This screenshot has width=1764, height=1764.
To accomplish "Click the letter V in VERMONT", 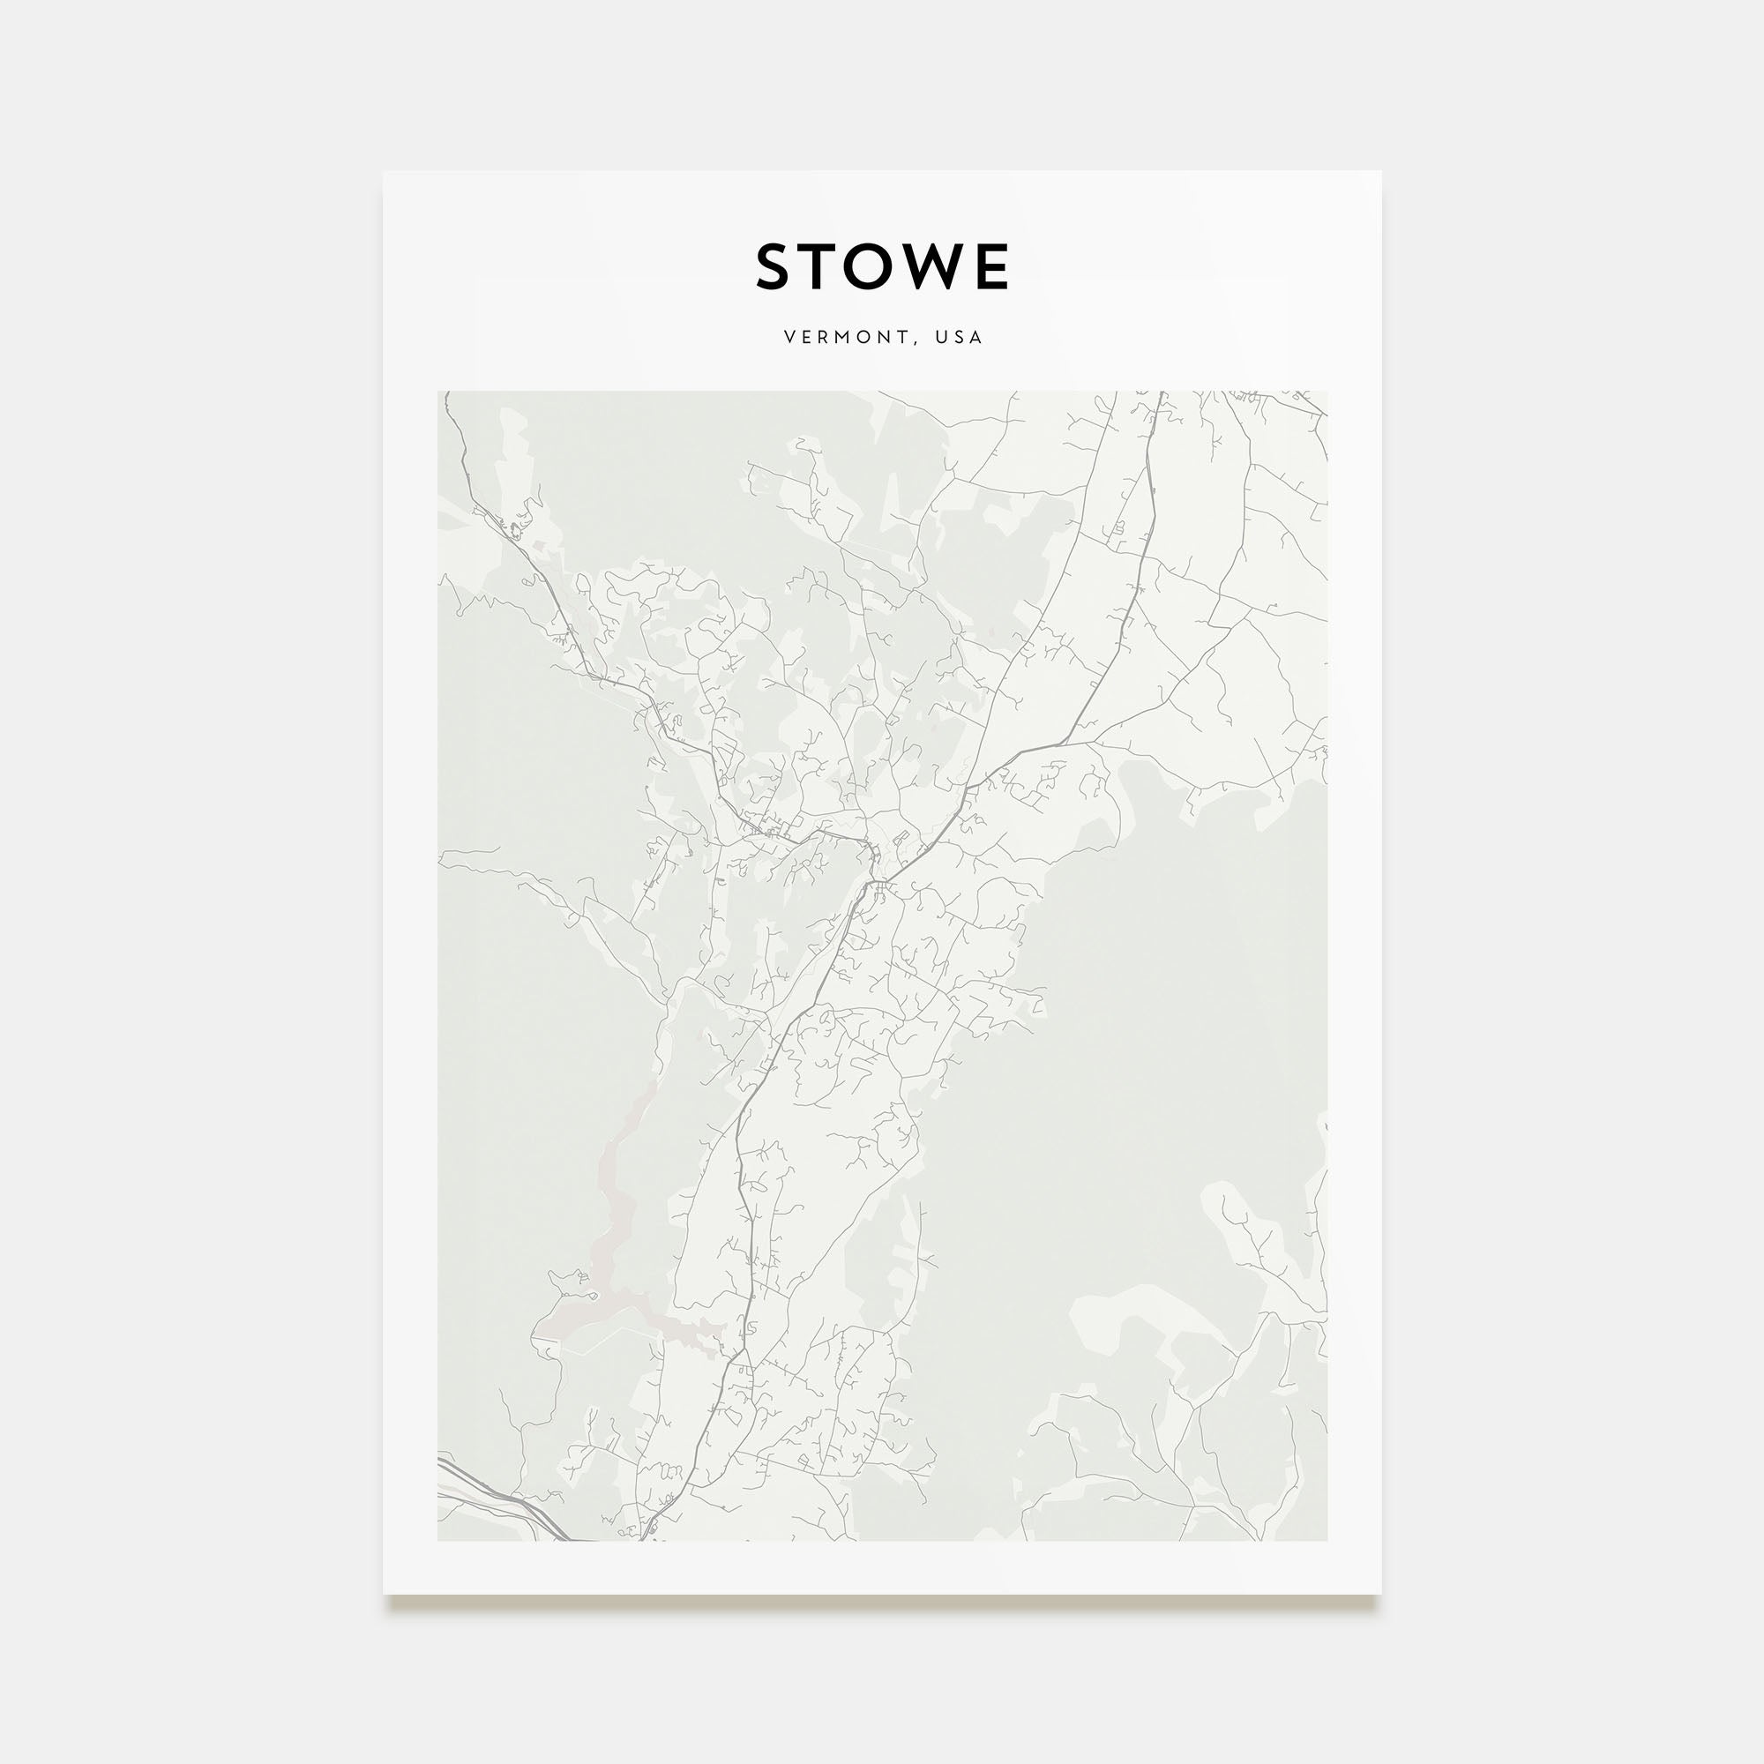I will point(789,338).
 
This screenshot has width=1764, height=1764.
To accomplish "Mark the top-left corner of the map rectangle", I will point(438,392).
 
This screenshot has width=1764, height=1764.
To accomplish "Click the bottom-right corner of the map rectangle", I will point(1327,1541).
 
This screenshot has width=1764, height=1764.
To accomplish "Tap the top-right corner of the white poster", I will point(1380,172).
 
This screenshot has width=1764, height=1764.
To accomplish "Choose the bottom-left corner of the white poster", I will point(384,1594).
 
